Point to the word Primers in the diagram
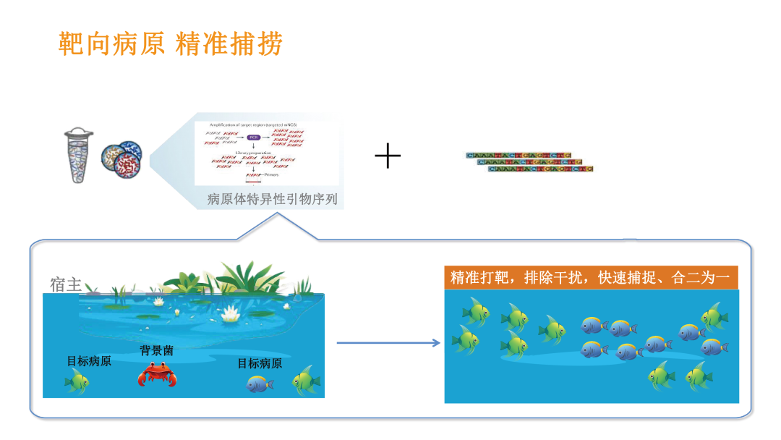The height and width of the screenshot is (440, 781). pos(271,174)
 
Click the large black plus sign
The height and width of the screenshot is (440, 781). pos(388,156)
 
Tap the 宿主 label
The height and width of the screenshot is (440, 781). pos(66,284)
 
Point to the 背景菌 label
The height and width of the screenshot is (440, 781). pos(156,351)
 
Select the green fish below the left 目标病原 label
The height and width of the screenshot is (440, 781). pos(77,381)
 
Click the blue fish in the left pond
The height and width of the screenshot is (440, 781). pos(260,383)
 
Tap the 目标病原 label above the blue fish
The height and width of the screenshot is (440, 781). pos(260,363)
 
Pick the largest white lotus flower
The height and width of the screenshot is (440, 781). pos(231,313)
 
